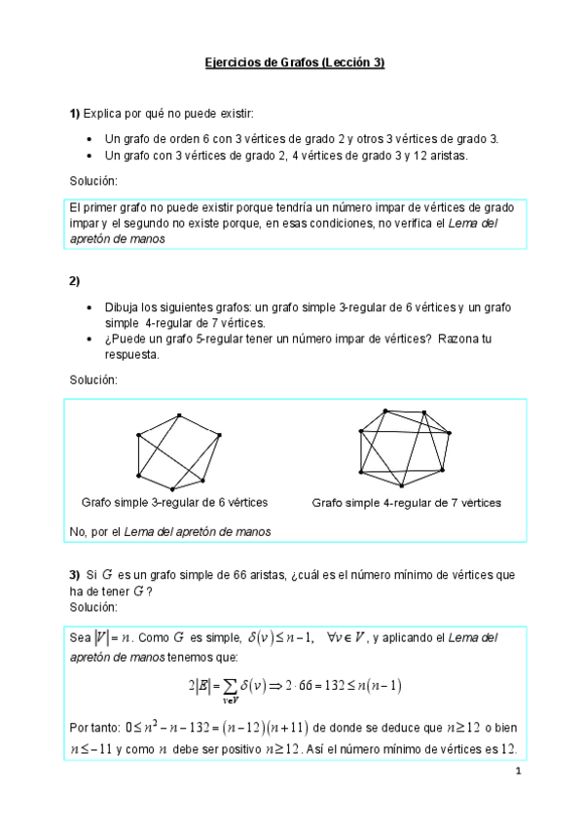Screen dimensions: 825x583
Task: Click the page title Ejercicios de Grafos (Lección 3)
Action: click(x=295, y=63)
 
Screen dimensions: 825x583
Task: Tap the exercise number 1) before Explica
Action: click(x=75, y=114)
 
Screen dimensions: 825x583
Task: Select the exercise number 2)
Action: click(x=75, y=281)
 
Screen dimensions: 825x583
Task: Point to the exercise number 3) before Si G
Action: click(x=74, y=575)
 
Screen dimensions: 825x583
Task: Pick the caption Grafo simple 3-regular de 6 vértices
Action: click(x=175, y=503)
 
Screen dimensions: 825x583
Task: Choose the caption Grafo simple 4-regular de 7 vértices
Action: click(x=406, y=503)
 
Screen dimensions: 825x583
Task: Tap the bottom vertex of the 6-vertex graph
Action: click(x=171, y=487)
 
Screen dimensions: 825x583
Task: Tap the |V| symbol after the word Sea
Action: click(x=102, y=639)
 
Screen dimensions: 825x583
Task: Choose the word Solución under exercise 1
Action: click(x=93, y=182)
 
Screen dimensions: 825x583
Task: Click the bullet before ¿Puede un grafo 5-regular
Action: click(x=90, y=339)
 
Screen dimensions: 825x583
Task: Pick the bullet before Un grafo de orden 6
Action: click(x=90, y=139)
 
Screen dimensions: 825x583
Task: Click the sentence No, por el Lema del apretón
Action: click(x=170, y=531)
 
